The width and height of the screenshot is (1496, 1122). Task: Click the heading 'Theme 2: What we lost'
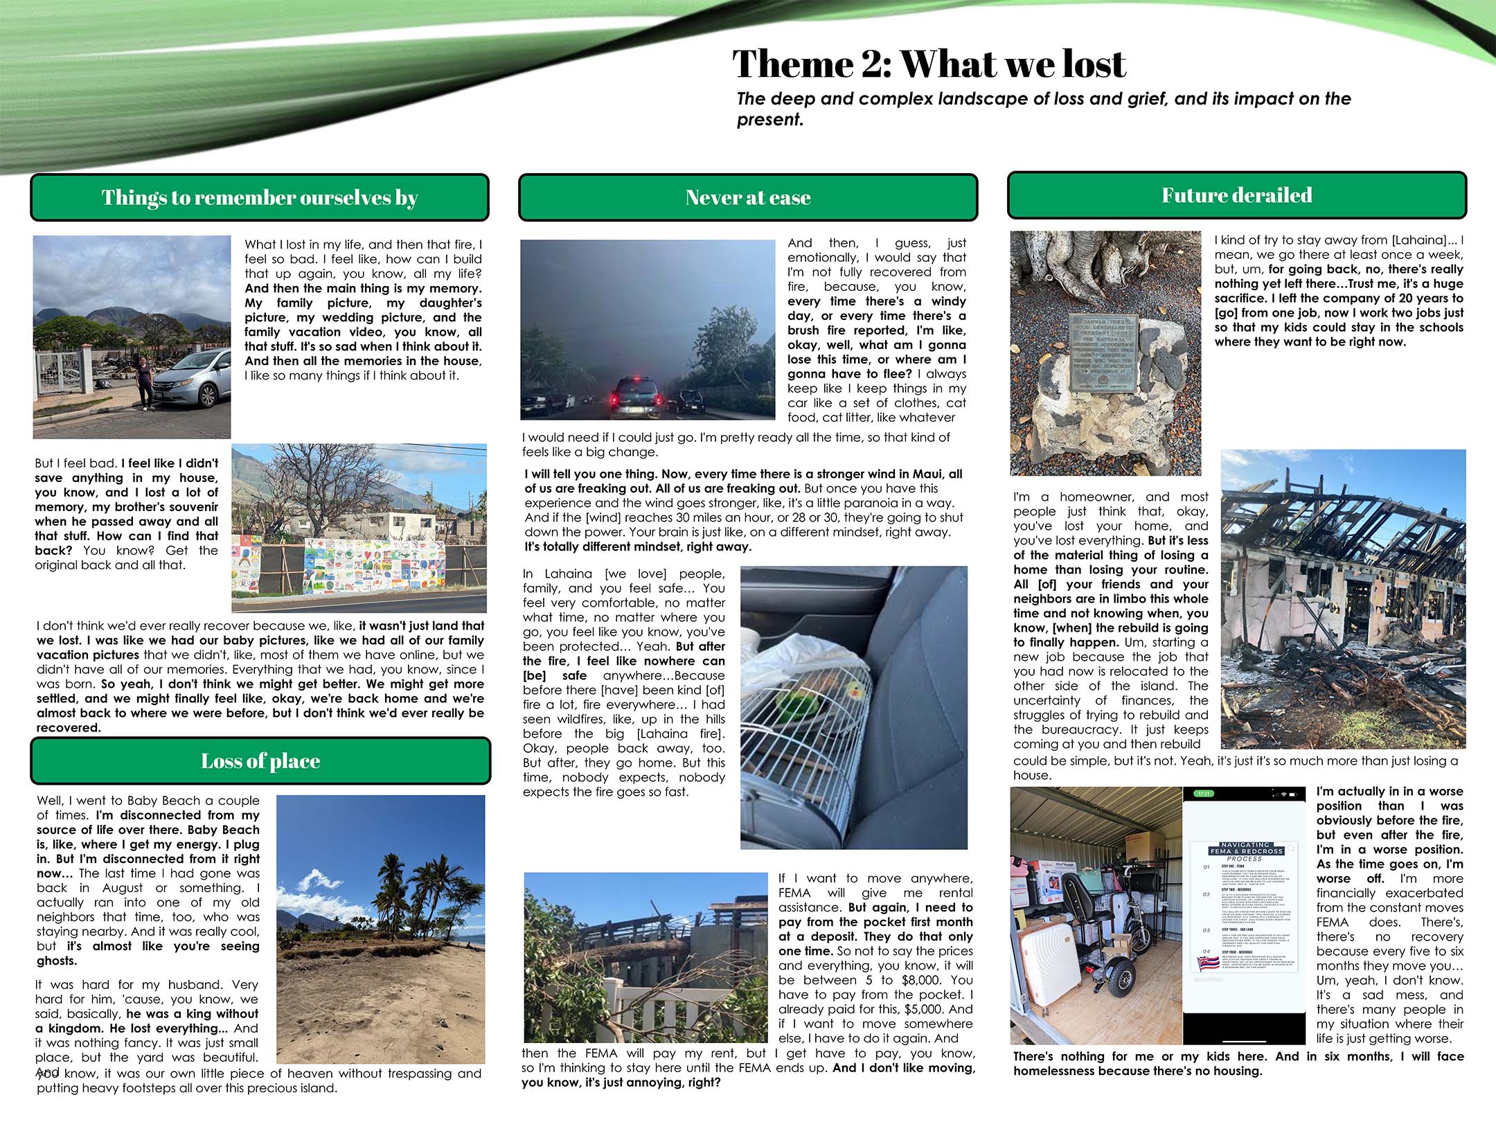pyautogui.click(x=928, y=64)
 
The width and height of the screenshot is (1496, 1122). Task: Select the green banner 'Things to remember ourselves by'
pyautogui.click(x=260, y=198)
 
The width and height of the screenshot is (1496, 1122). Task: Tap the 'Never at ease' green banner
pyautogui.click(x=748, y=198)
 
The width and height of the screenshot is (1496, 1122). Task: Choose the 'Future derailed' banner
pyautogui.click(x=1236, y=195)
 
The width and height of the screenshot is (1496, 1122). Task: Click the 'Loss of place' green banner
pyautogui.click(x=260, y=761)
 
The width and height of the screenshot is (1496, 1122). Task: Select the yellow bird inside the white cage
pyautogui.click(x=856, y=690)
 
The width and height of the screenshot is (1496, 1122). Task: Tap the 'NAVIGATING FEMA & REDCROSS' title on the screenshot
pyautogui.click(x=1245, y=848)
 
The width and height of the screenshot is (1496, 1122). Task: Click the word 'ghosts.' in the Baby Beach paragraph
pyautogui.click(x=57, y=961)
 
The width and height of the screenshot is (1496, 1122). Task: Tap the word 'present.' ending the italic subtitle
pyautogui.click(x=769, y=120)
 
